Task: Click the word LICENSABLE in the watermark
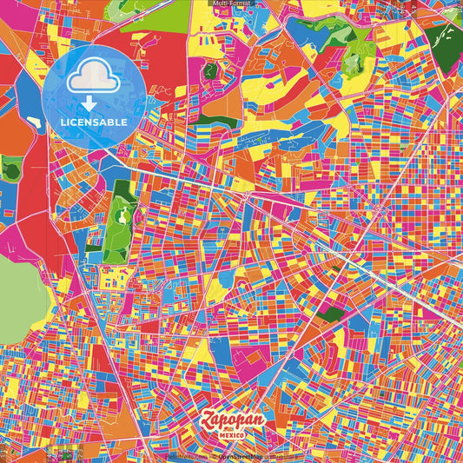95,122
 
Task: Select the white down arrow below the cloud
90,103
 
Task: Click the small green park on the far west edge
10,169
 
